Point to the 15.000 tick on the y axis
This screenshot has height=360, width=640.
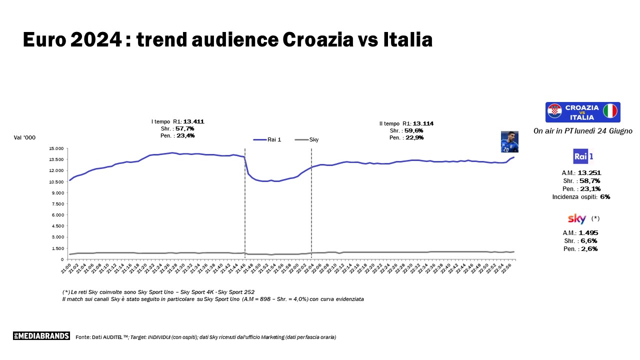[x=56, y=148]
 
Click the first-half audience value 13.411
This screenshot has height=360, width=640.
[x=193, y=121]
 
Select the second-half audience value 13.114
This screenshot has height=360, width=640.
[x=423, y=123]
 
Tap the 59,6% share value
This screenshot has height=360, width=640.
[x=414, y=130]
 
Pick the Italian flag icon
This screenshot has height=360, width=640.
[x=610, y=111]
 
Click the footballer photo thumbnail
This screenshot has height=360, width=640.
[x=509, y=141]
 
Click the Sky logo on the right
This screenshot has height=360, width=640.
[x=577, y=218]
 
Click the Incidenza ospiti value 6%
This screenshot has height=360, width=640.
[x=605, y=196]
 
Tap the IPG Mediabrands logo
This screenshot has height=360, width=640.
[x=41, y=336]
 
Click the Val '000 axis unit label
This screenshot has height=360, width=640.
[x=25, y=137]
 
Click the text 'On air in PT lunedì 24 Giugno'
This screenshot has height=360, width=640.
[x=583, y=131]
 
